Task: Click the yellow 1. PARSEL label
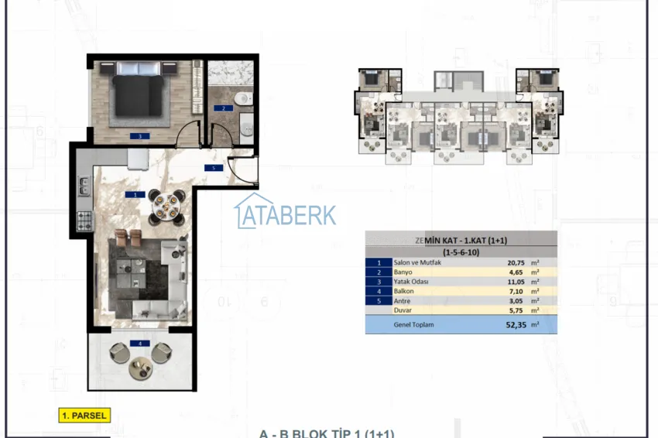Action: (84, 416)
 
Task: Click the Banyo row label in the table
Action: (403, 272)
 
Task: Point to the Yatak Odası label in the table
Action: (410, 282)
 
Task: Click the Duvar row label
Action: (402, 309)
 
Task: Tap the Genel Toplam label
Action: (413, 325)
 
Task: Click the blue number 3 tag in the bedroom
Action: (139, 135)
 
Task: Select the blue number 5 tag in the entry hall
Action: (208, 167)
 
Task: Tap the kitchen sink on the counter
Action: (84, 187)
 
